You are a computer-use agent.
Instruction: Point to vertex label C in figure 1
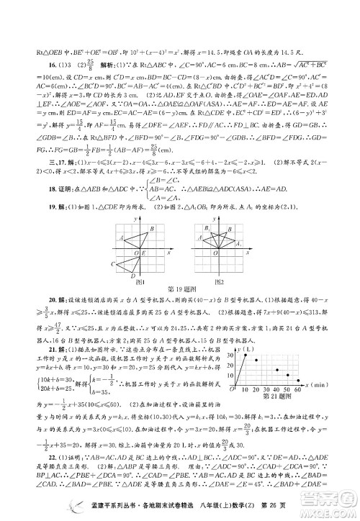(112, 265)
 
